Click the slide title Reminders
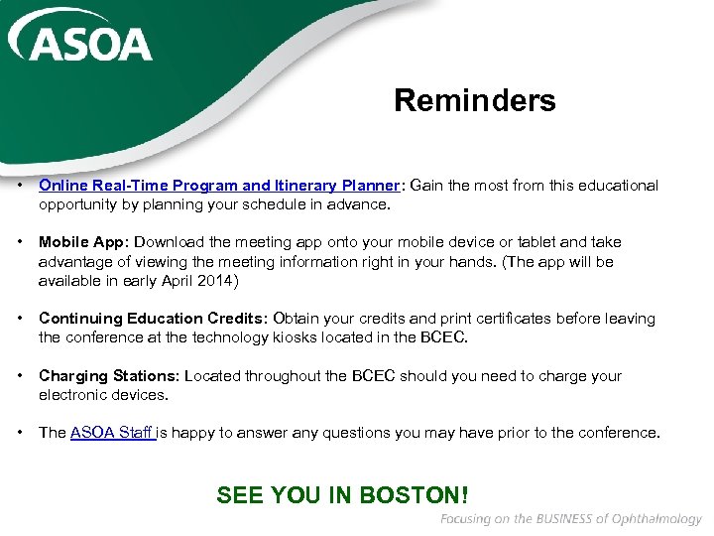pyautogui.click(x=474, y=100)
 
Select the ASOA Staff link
pyautogui.click(x=111, y=433)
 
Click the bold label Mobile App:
pyautogui.click(x=84, y=242)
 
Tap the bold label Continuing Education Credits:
pyautogui.click(x=153, y=319)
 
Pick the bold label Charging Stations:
pyautogui.click(x=109, y=376)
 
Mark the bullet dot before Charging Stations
pyautogui.click(x=20, y=376)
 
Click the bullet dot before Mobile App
pyautogui.click(x=20, y=242)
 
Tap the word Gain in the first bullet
pyautogui.click(x=426, y=186)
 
